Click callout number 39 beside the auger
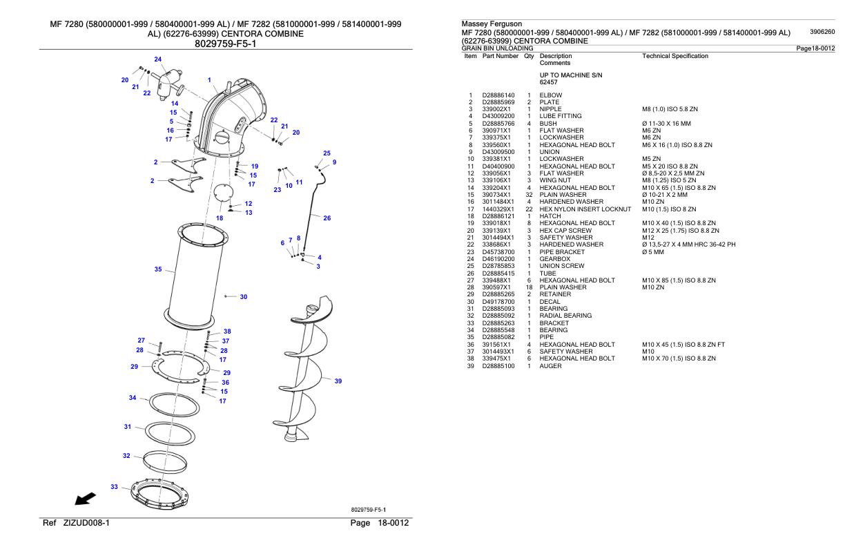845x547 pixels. tap(338, 381)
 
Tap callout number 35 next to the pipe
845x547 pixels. tap(158, 269)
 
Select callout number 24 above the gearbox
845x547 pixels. tap(157, 59)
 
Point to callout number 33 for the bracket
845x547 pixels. tap(115, 486)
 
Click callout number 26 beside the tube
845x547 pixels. tap(327, 218)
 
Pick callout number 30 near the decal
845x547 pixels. tap(243, 297)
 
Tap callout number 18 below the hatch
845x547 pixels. tap(220, 218)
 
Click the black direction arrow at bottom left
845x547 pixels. tap(86, 499)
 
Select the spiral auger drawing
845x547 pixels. tap(301, 373)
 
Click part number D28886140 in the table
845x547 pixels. tap(498, 95)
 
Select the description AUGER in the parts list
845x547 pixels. tap(550, 366)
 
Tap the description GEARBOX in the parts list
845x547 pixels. tap(555, 259)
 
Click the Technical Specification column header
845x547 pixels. tap(674, 56)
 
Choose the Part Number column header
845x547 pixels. tap(501, 56)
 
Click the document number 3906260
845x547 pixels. tap(822, 32)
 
